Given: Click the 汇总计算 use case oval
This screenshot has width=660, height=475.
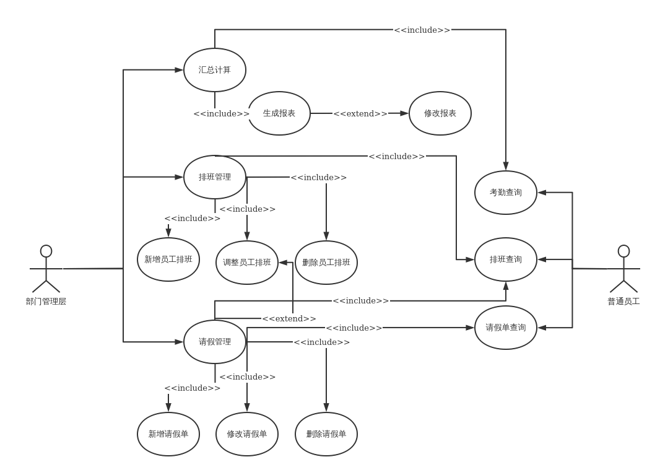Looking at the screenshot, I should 215,70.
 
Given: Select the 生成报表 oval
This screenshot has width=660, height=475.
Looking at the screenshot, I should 279,113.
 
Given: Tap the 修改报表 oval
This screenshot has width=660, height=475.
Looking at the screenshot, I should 440,113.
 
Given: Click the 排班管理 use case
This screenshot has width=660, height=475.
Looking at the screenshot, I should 215,177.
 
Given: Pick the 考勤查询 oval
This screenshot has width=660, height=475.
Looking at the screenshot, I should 506,193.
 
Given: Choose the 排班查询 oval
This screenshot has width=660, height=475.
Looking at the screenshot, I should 506,259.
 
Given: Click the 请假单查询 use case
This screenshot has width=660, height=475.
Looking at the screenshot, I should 506,328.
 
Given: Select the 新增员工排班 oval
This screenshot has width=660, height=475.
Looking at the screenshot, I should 168,259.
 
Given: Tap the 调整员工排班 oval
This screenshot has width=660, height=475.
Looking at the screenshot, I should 247,263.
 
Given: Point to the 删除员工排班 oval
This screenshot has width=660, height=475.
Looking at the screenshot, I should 326,263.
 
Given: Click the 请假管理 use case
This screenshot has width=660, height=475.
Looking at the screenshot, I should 215,342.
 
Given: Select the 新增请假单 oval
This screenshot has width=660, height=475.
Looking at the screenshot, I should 168,434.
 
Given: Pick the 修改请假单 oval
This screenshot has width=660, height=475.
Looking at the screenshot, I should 247,434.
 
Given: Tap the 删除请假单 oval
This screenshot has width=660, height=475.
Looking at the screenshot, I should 326,434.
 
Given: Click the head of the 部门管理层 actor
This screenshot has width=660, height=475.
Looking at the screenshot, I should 46,251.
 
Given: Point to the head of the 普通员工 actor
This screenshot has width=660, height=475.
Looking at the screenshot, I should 623,251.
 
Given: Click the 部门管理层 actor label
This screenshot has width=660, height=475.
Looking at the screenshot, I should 46,302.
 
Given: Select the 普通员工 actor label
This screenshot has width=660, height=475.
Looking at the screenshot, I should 623,302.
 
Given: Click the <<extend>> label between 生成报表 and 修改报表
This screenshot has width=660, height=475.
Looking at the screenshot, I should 360,114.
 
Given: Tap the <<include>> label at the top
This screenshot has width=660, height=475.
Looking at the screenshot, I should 422,30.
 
